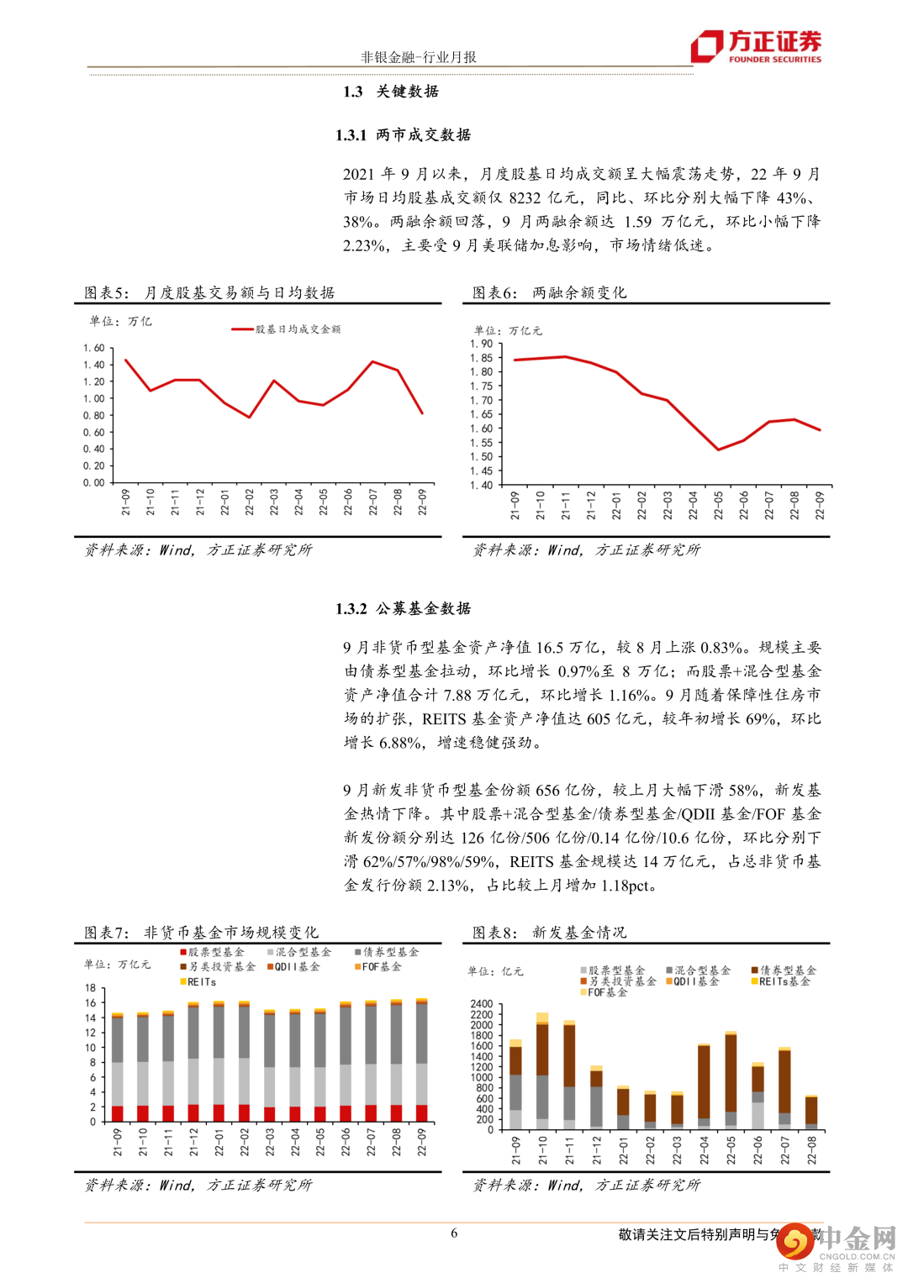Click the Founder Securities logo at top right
pyautogui.click(x=756, y=46)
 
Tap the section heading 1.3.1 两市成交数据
pyautogui.click(x=403, y=134)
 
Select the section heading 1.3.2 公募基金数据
pyautogui.click(x=403, y=608)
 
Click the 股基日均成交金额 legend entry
pyautogui.click(x=287, y=329)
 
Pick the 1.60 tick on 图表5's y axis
pyautogui.click(x=93, y=348)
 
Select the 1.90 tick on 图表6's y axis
pyautogui.click(x=481, y=344)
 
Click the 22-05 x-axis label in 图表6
pyautogui.click(x=718, y=505)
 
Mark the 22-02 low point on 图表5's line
pyautogui.click(x=250, y=417)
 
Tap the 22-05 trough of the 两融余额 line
pyautogui.click(x=718, y=450)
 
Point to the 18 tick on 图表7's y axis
pyautogui.click(x=91, y=988)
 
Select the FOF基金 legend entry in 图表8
pyautogui.click(x=604, y=992)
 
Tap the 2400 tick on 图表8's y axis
pyautogui.click(x=481, y=1004)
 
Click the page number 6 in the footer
pyautogui.click(x=454, y=1233)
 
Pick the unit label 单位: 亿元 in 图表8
pyautogui.click(x=495, y=971)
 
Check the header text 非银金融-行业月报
pyautogui.click(x=418, y=57)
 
